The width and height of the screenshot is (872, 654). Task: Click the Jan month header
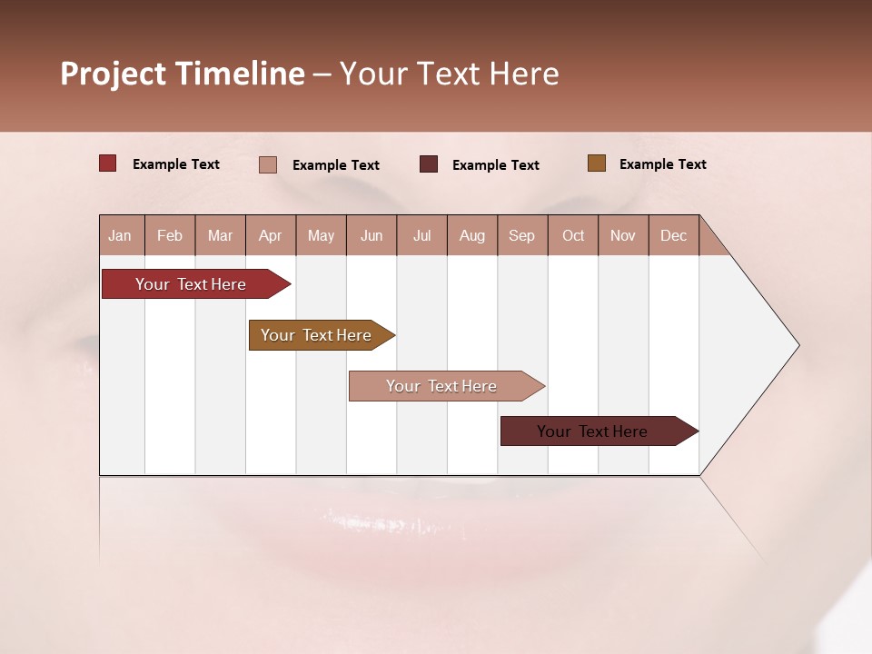(120, 235)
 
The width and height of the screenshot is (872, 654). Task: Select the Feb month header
(170, 235)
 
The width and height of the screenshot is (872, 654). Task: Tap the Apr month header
(270, 235)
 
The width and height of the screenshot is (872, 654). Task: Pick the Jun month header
(372, 235)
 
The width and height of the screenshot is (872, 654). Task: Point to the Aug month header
(471, 235)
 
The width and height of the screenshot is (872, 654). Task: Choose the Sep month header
(521, 235)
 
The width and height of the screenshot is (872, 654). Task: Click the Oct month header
(573, 235)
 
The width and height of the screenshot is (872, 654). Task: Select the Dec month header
(673, 235)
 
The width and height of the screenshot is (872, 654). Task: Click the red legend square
(108, 163)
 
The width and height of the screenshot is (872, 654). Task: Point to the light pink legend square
(268, 164)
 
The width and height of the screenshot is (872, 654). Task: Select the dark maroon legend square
(429, 164)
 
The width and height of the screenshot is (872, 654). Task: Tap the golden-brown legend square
(597, 163)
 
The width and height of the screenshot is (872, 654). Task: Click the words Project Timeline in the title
(183, 74)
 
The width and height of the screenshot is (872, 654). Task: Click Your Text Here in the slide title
(449, 74)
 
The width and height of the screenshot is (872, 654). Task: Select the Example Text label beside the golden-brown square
(662, 164)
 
